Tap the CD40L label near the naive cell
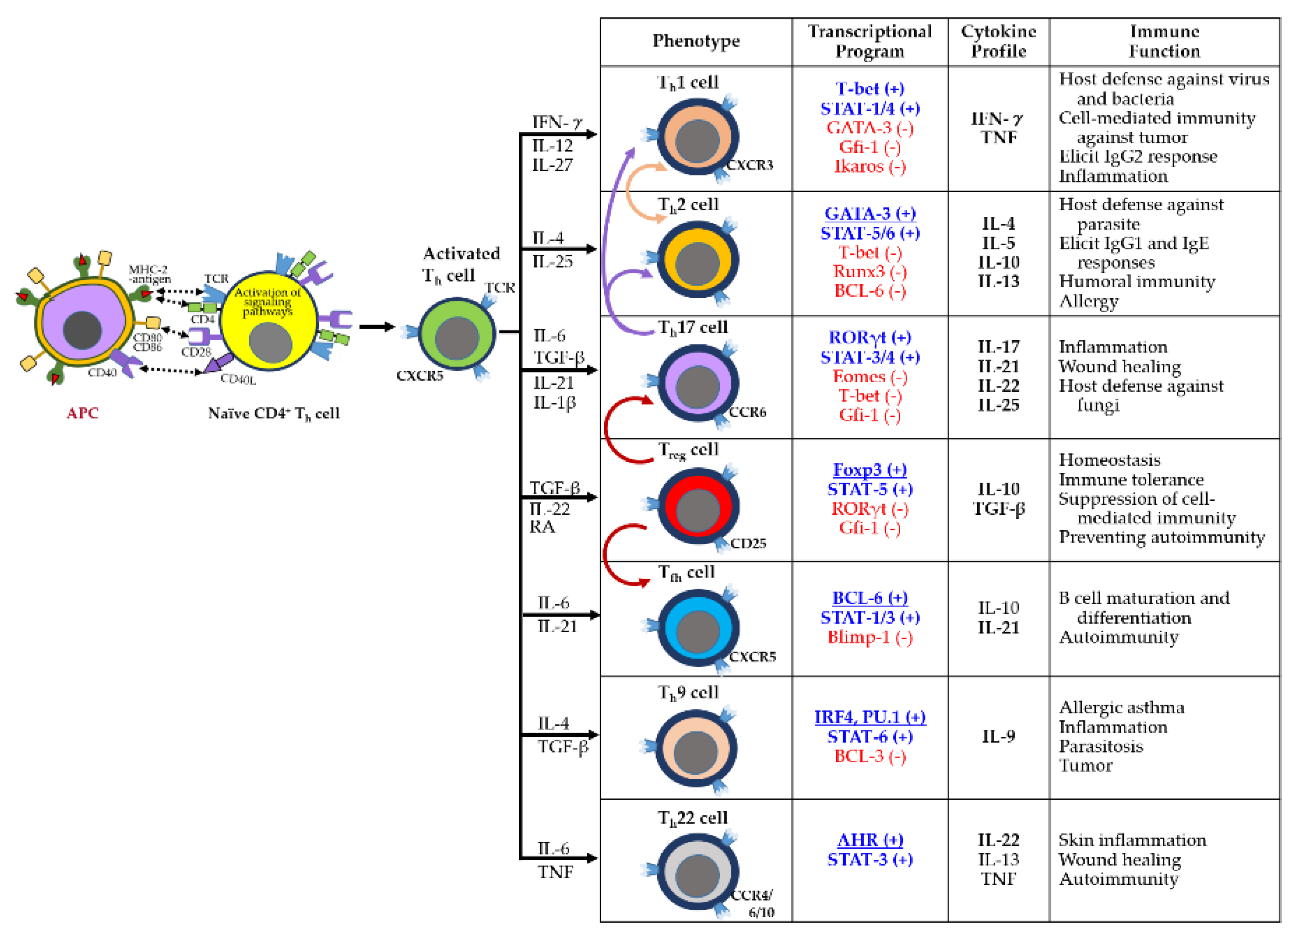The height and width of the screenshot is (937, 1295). [x=238, y=379]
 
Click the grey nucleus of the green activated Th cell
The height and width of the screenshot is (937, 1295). [x=456, y=338]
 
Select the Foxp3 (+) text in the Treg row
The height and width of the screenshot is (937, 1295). [x=869, y=470]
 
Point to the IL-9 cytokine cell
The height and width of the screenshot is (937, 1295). [x=998, y=737]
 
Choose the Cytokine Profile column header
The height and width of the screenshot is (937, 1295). [x=998, y=41]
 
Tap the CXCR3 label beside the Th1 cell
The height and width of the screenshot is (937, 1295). [x=750, y=165]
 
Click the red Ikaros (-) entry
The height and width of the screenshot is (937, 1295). [x=869, y=167]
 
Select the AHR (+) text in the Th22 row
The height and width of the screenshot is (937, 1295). [x=869, y=840]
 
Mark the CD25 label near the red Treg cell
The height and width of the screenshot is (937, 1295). [x=748, y=543]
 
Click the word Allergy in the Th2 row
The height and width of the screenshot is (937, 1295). [x=1088, y=302]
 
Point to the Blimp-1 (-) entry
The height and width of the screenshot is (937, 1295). [x=869, y=637]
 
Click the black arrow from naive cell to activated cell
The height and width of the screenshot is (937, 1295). [x=377, y=327]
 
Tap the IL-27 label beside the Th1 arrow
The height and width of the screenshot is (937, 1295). [x=552, y=166]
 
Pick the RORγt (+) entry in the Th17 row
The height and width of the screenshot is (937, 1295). [x=869, y=337]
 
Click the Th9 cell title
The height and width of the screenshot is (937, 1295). [x=688, y=693]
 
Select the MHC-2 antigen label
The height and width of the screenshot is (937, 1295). [x=149, y=274]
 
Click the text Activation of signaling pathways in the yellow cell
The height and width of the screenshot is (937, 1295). [x=267, y=302]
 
